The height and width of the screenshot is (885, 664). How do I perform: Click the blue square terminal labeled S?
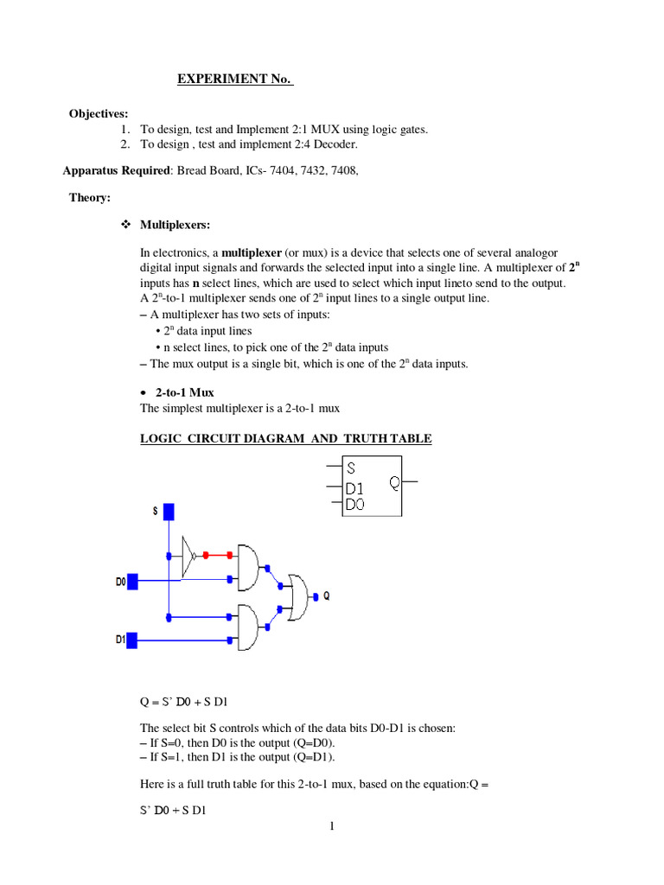tap(169, 512)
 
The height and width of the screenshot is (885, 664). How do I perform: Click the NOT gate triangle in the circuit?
tap(189, 555)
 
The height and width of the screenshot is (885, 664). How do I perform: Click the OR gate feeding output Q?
tap(301, 596)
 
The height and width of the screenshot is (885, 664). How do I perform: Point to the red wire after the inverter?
tap(218, 555)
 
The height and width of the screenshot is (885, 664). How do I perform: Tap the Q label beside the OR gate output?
tap(326, 595)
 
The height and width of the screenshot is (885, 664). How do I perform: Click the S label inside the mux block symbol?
tap(351, 468)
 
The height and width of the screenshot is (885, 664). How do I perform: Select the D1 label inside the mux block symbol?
tap(354, 488)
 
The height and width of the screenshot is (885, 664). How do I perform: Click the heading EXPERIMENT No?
tap(234, 80)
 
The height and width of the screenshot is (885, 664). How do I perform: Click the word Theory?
tap(90, 198)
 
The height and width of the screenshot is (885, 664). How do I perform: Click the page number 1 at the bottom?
tap(331, 826)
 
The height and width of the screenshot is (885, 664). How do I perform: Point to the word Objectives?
tap(99, 113)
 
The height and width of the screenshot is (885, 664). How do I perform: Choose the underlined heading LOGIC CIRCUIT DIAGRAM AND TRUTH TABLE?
tap(286, 438)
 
